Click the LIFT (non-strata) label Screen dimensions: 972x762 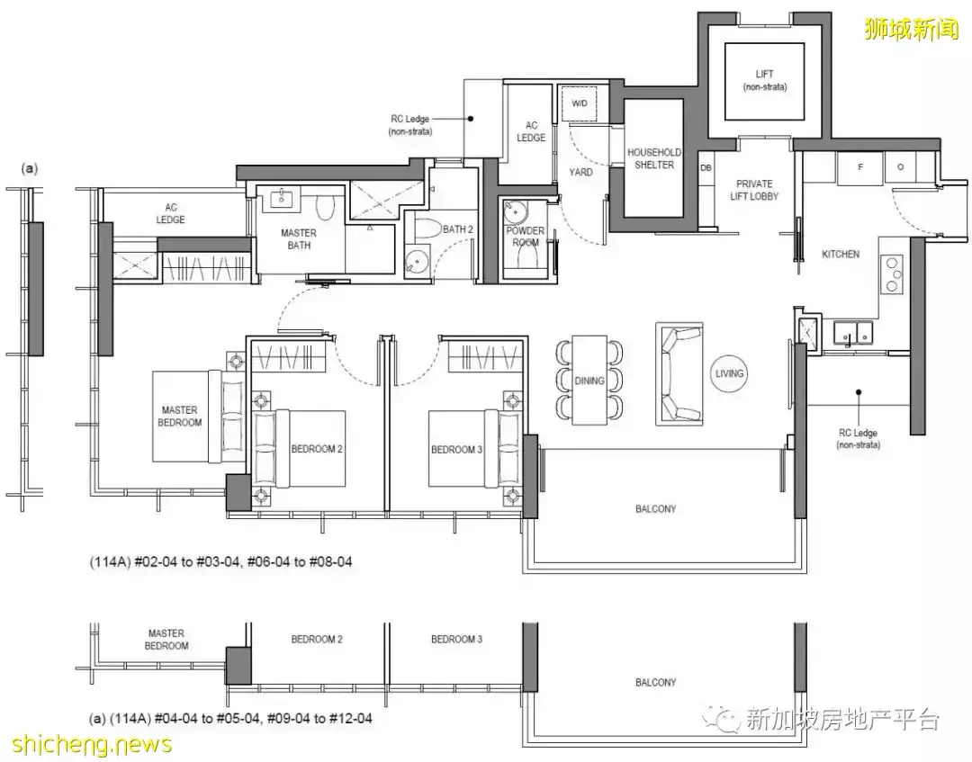[764, 81]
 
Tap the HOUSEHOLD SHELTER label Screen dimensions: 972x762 [654, 158]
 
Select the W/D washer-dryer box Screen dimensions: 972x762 [580, 103]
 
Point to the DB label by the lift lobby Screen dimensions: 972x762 [706, 168]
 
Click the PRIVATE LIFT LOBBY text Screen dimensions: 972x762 [754, 190]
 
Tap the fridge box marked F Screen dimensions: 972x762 [859, 167]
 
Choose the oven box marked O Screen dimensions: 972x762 [900, 167]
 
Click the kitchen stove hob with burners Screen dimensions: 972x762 [892, 273]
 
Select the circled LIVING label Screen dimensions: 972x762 [729, 373]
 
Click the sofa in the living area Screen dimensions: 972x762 [679, 373]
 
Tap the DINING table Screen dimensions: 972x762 [589, 381]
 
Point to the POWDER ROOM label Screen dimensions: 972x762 [526, 236]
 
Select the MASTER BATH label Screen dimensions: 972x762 [299, 239]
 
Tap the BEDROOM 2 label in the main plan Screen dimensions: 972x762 [317, 449]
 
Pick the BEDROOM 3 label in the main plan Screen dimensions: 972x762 [457, 449]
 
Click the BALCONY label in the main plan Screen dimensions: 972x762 [656, 508]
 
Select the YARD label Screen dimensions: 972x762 [580, 172]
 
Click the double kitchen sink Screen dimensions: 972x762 [852, 332]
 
